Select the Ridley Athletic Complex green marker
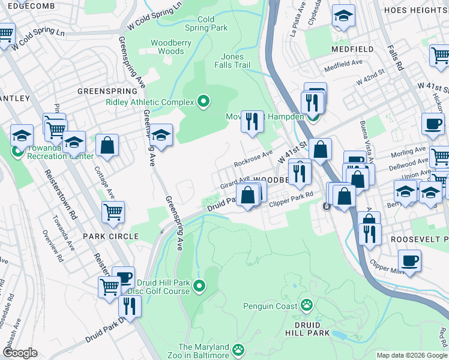(203, 102)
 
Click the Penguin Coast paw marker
(307, 305)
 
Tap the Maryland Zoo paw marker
(238, 349)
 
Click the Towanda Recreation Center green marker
(17, 151)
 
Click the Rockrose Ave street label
(253, 160)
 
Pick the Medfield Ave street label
(343, 62)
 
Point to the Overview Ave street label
(52, 246)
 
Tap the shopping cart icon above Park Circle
(112, 211)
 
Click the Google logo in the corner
(19, 352)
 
